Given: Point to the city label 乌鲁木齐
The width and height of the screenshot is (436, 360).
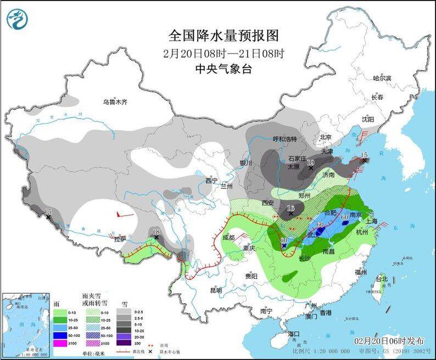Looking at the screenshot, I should [x=115, y=102].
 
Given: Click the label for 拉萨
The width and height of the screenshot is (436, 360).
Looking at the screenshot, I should [x=120, y=239].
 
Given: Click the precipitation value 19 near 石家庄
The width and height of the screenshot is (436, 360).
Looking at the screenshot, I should [x=310, y=162].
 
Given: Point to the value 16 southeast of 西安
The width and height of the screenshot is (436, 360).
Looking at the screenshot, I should [x=291, y=207].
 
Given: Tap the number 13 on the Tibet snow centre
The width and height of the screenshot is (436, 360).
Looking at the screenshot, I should [x=155, y=231].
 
